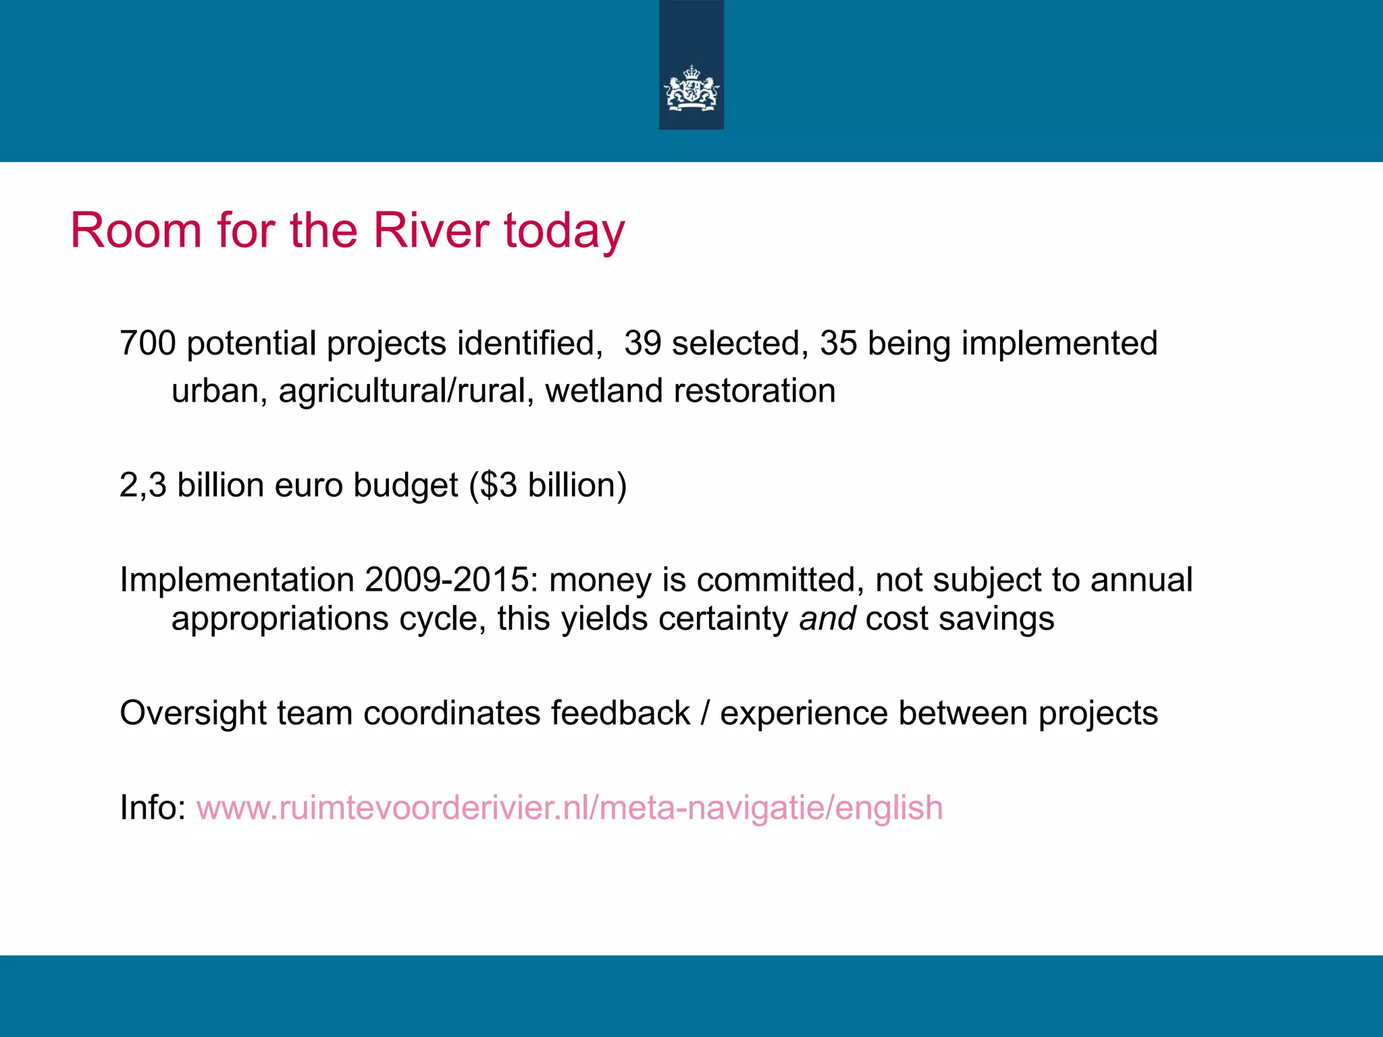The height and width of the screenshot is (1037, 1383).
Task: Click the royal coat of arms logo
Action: point(691,88)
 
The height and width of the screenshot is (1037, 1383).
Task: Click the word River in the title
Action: point(431,231)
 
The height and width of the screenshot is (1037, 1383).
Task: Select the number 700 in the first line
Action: point(147,343)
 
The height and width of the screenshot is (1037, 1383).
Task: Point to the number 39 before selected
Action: point(642,343)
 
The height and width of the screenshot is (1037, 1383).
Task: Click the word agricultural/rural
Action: point(402,391)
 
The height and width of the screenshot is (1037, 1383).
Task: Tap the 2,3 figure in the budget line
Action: point(142,485)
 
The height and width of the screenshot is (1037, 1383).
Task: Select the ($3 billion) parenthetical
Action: point(548,485)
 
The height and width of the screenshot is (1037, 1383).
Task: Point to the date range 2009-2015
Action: point(446,580)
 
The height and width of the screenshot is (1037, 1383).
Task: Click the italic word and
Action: point(827,618)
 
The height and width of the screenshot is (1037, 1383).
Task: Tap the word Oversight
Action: point(192,714)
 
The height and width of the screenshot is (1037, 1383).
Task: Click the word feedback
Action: point(620,714)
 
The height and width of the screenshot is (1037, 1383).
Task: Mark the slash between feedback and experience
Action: point(705,714)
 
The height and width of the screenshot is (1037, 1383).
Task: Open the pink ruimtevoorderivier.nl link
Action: point(569,808)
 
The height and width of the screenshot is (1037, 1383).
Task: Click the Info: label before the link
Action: point(153,808)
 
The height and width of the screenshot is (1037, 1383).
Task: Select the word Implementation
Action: point(236,580)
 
